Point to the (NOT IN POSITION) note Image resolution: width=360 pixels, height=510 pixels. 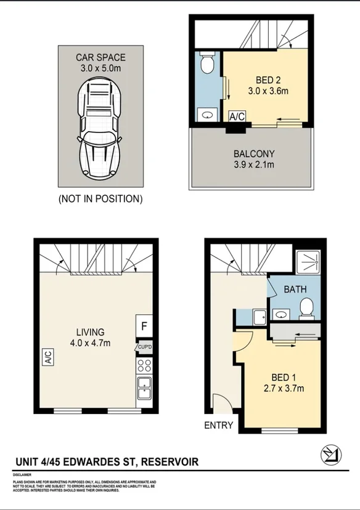(x=100, y=199)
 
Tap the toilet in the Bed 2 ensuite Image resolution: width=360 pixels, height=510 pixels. (x=208, y=63)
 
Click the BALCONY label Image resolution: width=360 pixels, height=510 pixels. (x=253, y=153)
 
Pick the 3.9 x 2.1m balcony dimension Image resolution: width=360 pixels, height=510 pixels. (x=253, y=164)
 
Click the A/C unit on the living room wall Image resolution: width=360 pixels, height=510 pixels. (x=47, y=358)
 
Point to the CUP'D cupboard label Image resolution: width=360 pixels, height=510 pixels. (x=144, y=347)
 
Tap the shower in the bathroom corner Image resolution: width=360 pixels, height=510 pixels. (x=307, y=262)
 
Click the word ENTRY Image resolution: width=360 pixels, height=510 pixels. (x=218, y=425)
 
